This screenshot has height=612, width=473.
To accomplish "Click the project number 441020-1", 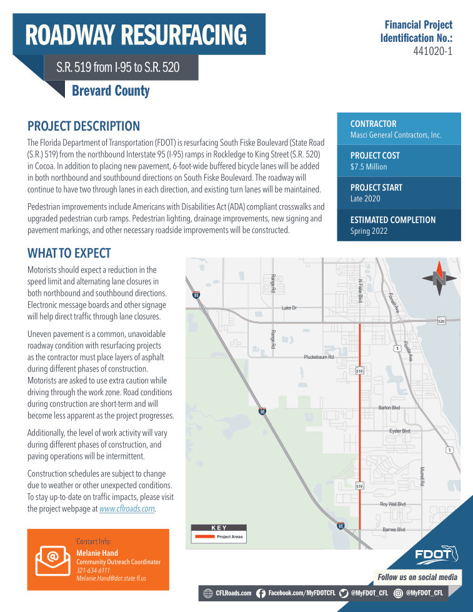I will point(432,51).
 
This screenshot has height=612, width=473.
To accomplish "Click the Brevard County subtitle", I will point(111,91).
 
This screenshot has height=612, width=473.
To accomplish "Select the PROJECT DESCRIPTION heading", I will point(84,126).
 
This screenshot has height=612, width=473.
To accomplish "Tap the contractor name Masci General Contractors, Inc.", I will point(396,135).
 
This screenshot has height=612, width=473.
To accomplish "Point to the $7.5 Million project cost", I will point(369,167).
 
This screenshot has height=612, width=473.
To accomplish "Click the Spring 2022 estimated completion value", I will point(369,231).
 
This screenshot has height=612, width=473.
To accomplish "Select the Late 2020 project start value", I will point(365,199).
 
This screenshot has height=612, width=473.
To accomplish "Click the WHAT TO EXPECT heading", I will point(69,253).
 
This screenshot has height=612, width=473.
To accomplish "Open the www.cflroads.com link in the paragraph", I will point(127,509).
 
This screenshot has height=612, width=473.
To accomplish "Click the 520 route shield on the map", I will point(441,321).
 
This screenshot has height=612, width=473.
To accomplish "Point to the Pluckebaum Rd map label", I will point(319,357).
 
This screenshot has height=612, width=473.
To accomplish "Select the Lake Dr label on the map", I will point(289,308).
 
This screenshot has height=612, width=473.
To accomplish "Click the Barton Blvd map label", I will point(389,408).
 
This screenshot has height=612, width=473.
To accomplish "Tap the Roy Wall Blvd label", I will point(392,504).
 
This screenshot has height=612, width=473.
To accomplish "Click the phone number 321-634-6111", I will point(92,570).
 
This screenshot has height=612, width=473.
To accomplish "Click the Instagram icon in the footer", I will point(398,593).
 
